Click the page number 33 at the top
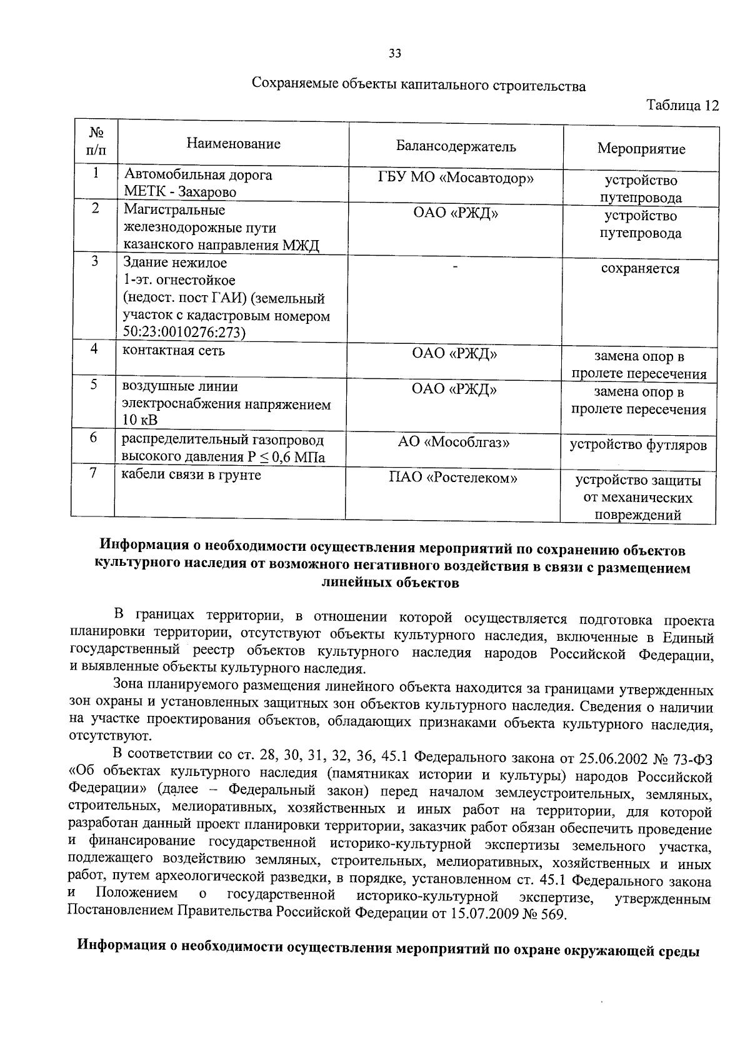click(394, 53)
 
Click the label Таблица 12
click(682, 104)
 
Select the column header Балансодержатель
click(456, 147)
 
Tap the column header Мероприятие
click(641, 149)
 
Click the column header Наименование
click(233, 144)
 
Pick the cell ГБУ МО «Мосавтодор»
click(456, 178)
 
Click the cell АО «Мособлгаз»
click(454, 443)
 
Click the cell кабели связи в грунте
click(182, 475)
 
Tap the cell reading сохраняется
click(640, 269)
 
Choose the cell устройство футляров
click(638, 445)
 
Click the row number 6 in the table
click(92, 438)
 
